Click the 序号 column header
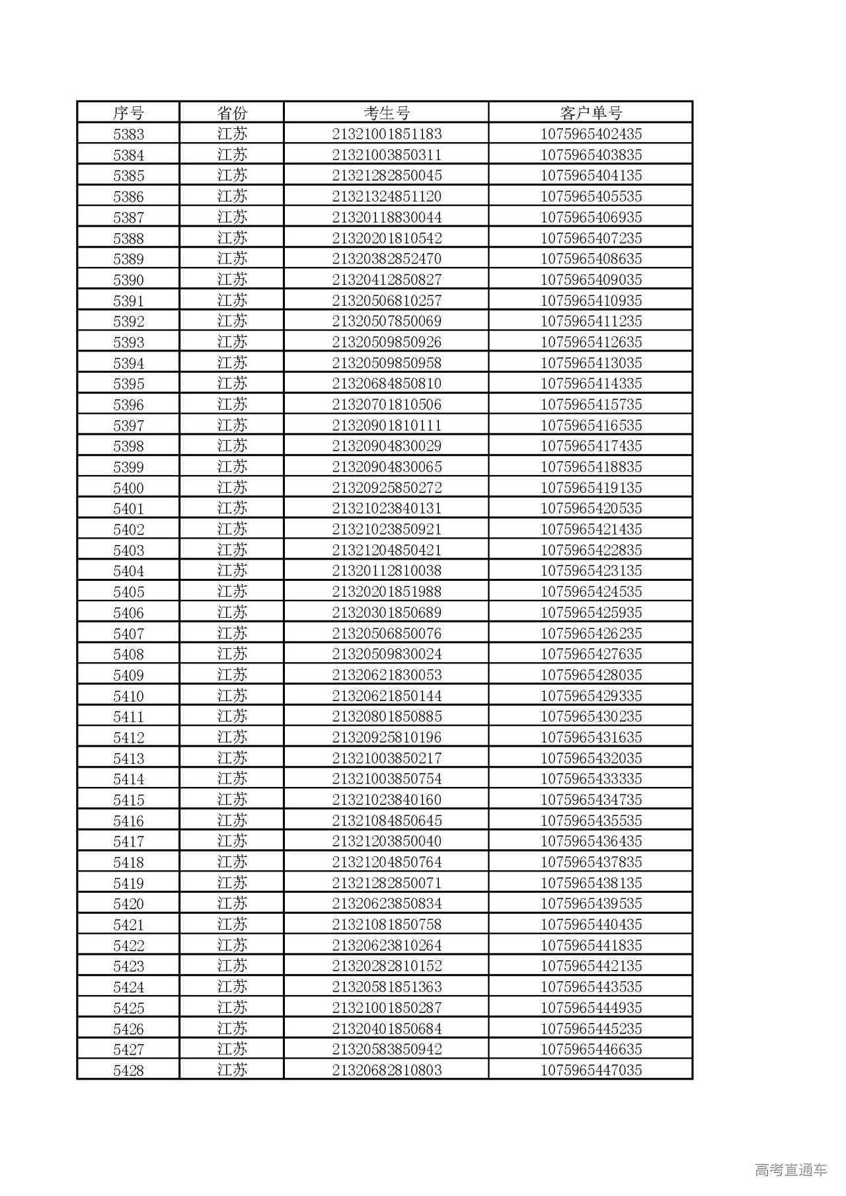click(x=128, y=113)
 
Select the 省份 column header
click(x=231, y=113)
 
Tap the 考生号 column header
click(x=387, y=113)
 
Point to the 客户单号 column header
click(x=591, y=113)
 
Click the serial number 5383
click(x=128, y=134)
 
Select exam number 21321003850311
click(x=387, y=155)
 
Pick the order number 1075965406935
click(x=591, y=217)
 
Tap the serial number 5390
click(x=128, y=280)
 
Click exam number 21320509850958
click(x=387, y=363)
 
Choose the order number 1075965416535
click(x=591, y=426)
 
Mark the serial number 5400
click(x=128, y=488)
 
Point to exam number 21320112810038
click(x=387, y=571)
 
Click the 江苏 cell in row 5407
click(x=231, y=633)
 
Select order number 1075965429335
click(x=591, y=696)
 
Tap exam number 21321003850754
click(x=387, y=779)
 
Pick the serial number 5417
click(x=128, y=841)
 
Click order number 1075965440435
click(x=591, y=924)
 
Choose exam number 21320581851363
click(x=387, y=987)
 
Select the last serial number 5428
click(x=128, y=1070)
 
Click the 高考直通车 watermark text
click(x=790, y=1170)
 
